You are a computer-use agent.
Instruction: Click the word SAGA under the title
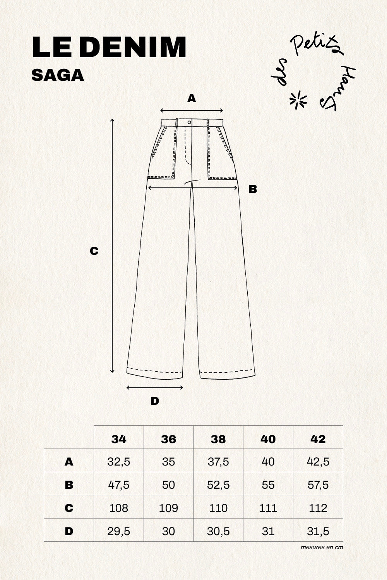58,75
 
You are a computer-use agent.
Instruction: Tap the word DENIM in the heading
133,47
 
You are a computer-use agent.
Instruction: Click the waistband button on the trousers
190,122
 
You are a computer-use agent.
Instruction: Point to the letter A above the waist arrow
192,98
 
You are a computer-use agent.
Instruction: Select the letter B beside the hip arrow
253,189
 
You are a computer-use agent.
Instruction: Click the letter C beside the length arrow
94,251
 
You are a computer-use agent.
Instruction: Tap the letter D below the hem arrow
155,401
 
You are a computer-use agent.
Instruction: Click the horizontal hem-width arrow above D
155,387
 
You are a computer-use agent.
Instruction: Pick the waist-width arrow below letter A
192,111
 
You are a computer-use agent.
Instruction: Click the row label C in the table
68,508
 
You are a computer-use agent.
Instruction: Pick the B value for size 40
268,485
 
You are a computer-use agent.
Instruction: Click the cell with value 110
218,508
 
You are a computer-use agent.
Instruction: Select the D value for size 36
168,531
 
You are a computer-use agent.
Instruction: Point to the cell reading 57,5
318,485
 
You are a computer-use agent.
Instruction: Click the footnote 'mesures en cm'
322,547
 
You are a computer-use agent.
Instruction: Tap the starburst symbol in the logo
298,100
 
